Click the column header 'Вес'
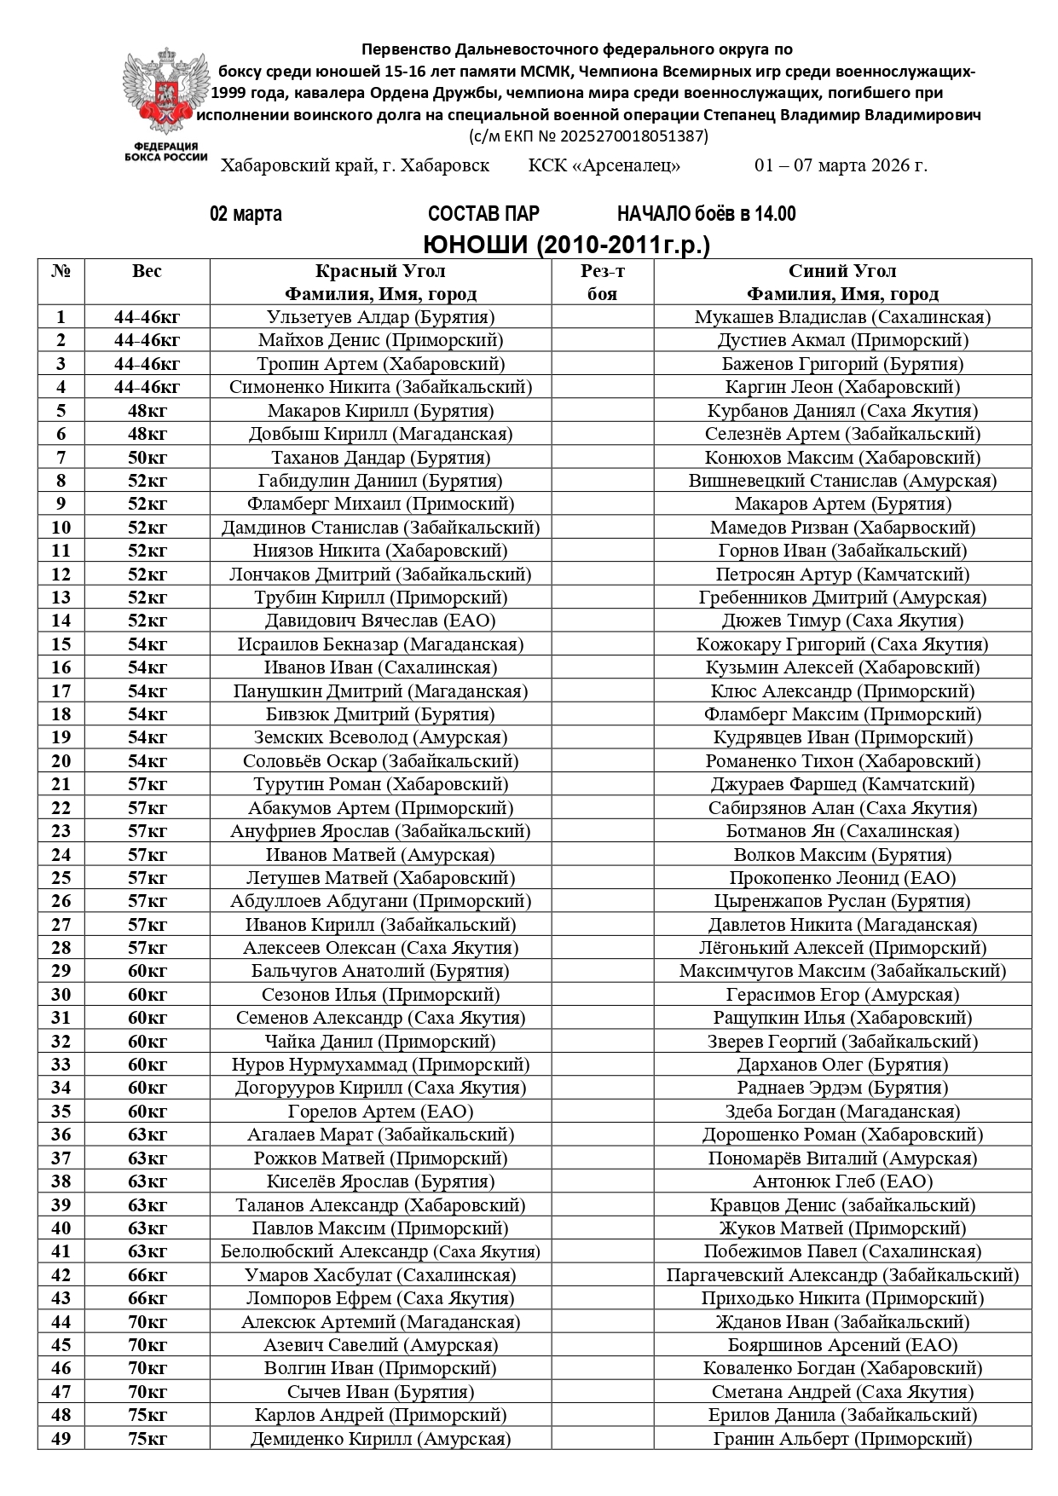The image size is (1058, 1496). tap(147, 272)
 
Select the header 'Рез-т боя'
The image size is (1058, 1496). tap(602, 282)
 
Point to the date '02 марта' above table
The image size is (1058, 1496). tap(246, 214)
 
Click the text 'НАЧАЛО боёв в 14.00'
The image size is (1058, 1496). tap(706, 214)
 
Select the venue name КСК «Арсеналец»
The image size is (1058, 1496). tap(604, 165)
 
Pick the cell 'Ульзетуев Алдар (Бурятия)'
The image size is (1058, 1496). tap(380, 317)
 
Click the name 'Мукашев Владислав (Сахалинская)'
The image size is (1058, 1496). tap(842, 317)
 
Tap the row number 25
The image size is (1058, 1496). tap(61, 878)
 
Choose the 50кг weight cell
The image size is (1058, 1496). tap(147, 458)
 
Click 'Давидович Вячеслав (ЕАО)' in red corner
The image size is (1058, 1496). tap(380, 621)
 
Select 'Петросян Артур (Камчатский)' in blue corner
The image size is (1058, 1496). tap(842, 575)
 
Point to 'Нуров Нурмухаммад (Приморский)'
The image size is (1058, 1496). tap(380, 1065)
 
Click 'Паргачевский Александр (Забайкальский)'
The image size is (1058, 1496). tap(842, 1275)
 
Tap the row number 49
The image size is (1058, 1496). tap(61, 1439)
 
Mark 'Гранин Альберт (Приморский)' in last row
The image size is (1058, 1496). tap(842, 1439)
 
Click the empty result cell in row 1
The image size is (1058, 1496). tap(602, 317)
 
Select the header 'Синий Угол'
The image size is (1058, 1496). tap(842, 272)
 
